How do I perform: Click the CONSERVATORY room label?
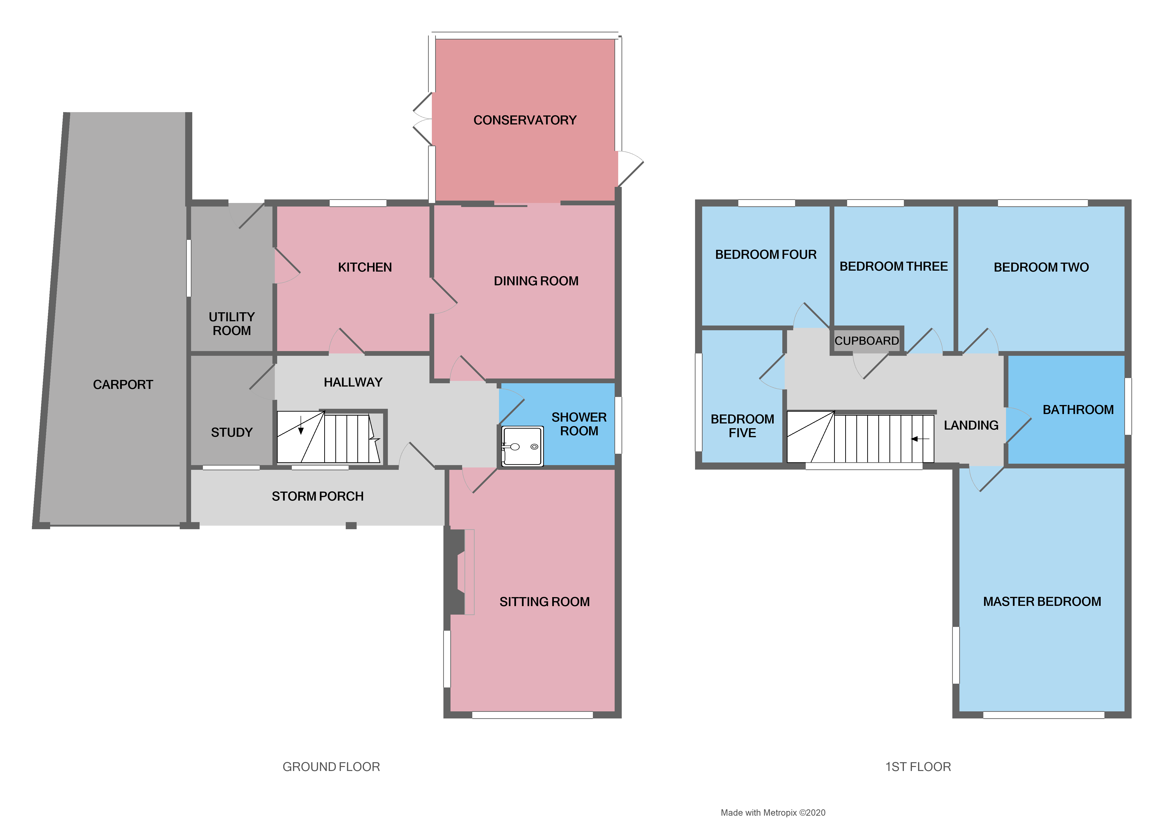tap(525, 120)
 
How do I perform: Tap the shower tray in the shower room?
tap(522, 446)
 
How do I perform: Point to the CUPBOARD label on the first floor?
tap(867, 341)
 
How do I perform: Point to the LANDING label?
tap(971, 425)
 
